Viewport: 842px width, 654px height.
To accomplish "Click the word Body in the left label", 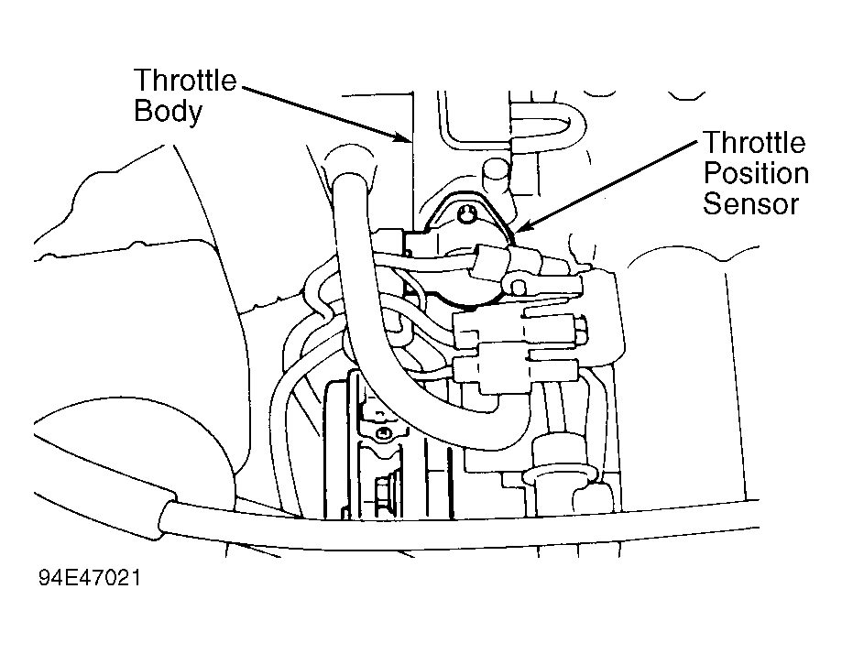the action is coord(168,113).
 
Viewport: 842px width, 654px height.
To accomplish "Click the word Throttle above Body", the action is coord(185,81).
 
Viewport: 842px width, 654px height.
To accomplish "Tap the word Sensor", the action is coord(751,204).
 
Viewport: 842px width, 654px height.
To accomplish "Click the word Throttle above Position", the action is coord(754,143).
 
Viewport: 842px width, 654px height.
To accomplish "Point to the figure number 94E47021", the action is coord(90,578).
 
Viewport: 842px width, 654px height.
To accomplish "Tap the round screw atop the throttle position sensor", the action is coord(466,215).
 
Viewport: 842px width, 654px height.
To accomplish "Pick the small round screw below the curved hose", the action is coord(382,432).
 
